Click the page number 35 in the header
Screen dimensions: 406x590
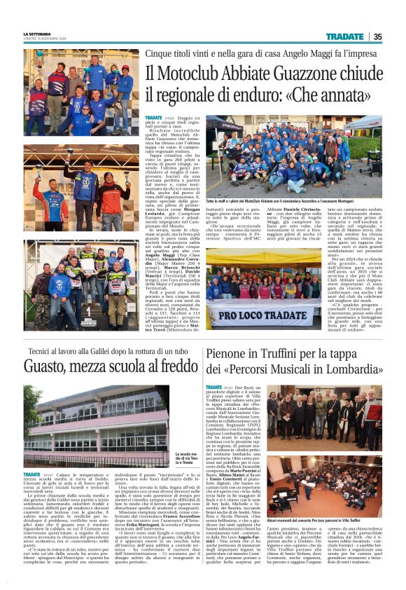tap(377, 36)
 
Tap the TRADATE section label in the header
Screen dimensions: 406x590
tap(344, 36)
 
